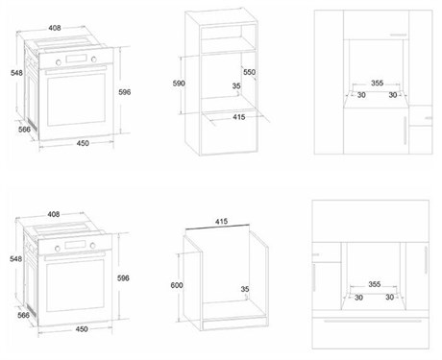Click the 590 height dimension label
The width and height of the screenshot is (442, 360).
point(179,84)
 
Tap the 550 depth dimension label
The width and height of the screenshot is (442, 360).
point(249,72)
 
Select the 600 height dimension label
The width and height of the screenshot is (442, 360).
point(177,285)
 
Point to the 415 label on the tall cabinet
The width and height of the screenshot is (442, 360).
point(239,117)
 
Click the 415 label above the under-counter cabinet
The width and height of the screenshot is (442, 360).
point(221,222)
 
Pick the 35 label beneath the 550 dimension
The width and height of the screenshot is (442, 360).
point(236,85)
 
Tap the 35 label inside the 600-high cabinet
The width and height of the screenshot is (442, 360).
point(245,289)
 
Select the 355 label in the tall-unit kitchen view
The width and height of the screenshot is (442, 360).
point(377,83)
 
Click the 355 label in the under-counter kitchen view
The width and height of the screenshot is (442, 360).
point(375,284)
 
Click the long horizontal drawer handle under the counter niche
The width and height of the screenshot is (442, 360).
point(373,321)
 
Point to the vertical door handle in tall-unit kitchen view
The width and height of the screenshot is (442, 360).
point(405,131)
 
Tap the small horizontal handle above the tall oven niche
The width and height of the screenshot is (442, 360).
point(398,35)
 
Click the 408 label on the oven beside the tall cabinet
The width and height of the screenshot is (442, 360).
point(55,28)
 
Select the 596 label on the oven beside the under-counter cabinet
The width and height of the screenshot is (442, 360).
point(123,278)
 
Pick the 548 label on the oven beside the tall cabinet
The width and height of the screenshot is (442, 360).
point(16,73)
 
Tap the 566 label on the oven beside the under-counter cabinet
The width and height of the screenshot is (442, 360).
point(23,315)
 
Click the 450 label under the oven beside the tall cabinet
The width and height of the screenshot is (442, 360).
point(83,143)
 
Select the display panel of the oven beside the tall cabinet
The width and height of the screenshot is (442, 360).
point(76,59)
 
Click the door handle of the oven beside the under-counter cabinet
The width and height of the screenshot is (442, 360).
point(75,256)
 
